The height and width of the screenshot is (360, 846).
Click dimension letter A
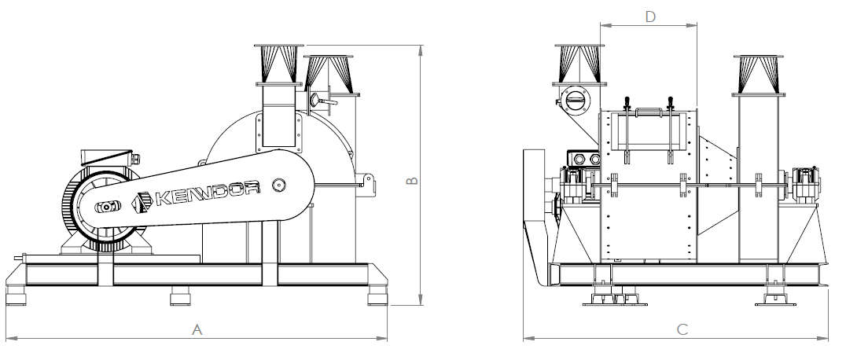pos(197,329)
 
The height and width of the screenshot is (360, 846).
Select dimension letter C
pos(682,329)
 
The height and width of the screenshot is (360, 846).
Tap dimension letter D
pos(650,17)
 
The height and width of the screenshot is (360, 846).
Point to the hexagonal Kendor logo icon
pos(142,200)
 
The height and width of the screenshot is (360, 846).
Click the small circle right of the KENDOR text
pos(279,186)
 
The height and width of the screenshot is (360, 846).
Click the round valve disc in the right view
pos(576,101)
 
